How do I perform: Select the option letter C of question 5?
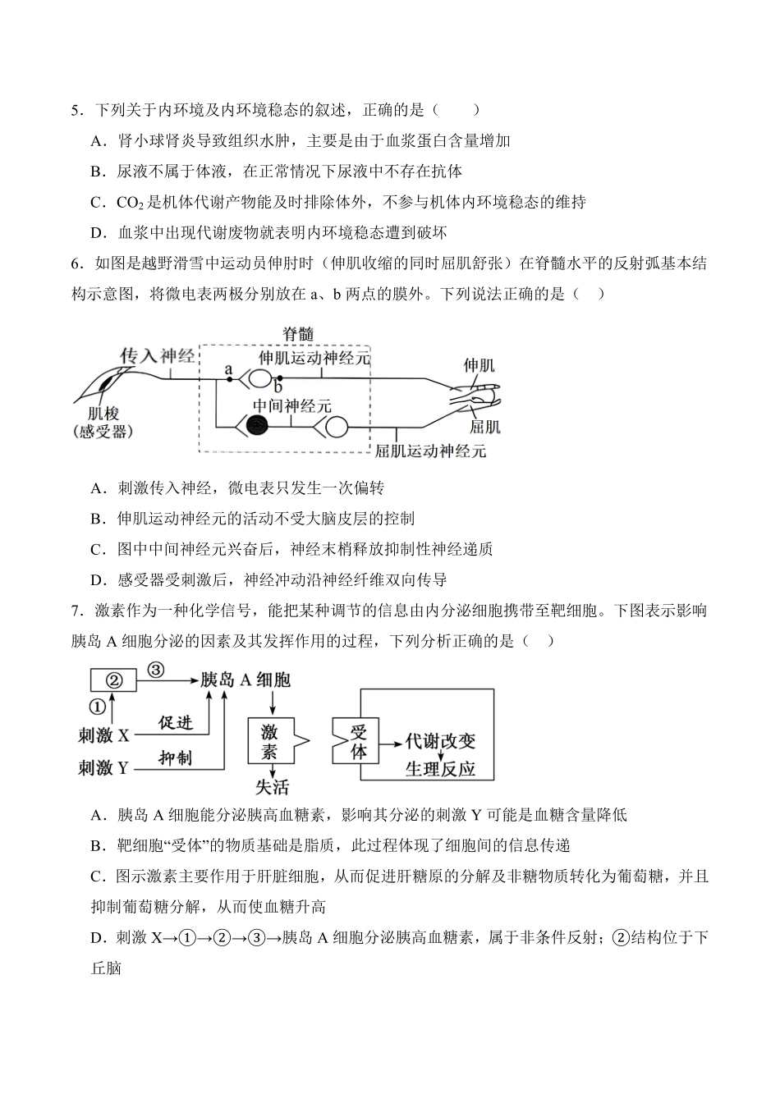[x=97, y=202]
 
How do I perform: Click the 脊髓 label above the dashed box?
[x=297, y=333]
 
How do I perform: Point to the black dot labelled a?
[x=229, y=378]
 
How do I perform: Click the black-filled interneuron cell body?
[x=258, y=426]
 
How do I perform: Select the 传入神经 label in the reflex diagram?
[x=158, y=355]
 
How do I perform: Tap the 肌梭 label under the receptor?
[x=103, y=414]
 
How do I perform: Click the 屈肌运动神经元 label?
[x=430, y=450]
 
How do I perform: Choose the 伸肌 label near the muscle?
[x=479, y=364]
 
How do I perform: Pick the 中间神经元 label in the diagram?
[x=291, y=406]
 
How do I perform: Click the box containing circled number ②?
[x=115, y=680]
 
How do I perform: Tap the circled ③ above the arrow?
[x=155, y=669]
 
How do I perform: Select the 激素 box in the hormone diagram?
[x=269, y=741]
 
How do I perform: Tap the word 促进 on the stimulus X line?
[x=176, y=722]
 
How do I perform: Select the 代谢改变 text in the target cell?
[x=440, y=740]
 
